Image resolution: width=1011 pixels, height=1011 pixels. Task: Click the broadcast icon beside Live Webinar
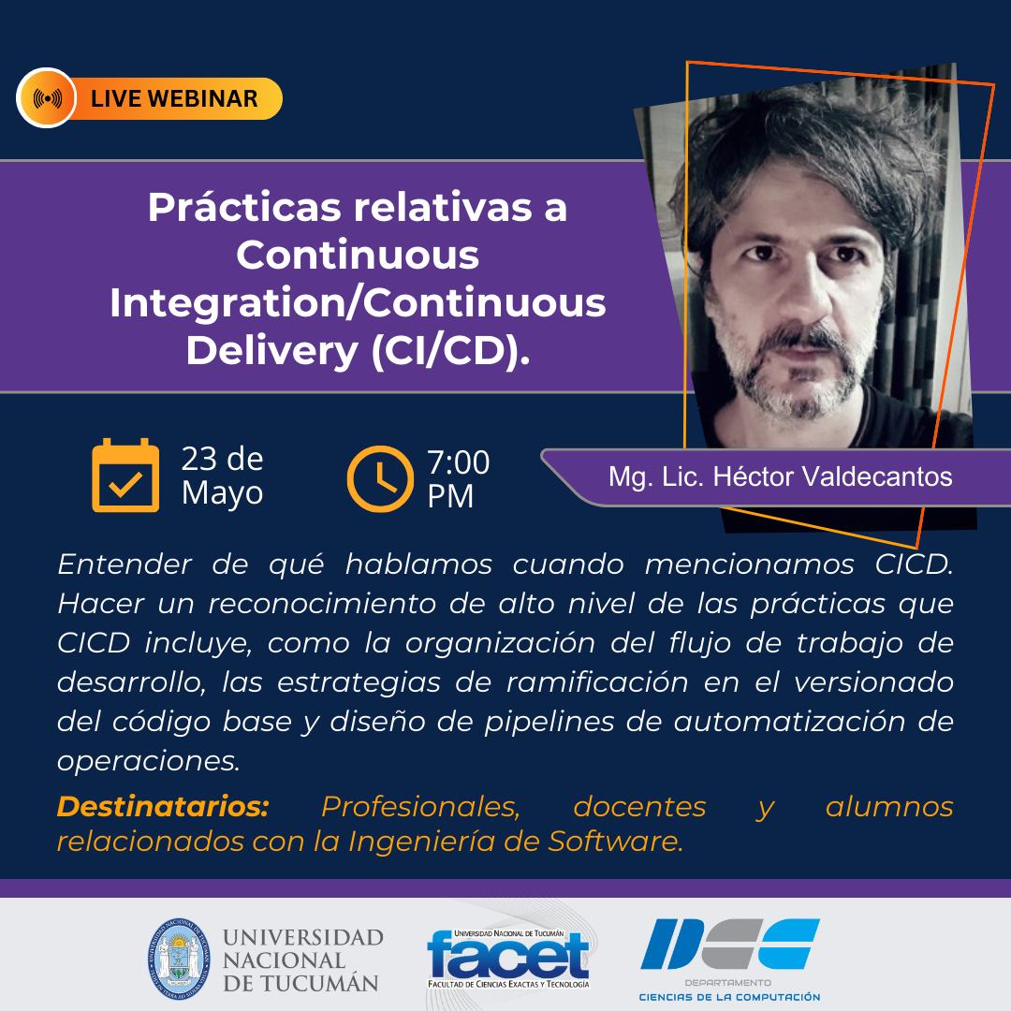[x=47, y=98]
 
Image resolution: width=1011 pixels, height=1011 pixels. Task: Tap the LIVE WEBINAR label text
[x=174, y=98]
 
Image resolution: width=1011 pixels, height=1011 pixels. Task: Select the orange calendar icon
[x=125, y=476]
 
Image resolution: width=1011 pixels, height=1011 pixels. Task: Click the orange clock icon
[x=380, y=478]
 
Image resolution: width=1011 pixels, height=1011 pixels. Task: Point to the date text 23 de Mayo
[x=223, y=476]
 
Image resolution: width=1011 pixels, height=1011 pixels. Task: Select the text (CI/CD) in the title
[x=450, y=351]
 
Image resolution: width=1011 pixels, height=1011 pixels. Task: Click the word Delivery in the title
[x=272, y=352]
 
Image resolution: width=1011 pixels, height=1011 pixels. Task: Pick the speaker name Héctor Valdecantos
[x=833, y=477]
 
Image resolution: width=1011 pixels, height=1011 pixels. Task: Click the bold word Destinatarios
[x=163, y=807]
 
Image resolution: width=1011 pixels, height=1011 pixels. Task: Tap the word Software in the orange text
[x=615, y=842]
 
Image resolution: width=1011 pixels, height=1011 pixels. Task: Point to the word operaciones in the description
[x=148, y=761]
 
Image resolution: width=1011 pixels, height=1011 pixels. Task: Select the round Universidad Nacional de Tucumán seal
[x=179, y=959]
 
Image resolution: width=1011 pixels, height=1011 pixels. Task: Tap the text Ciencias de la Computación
[x=729, y=997]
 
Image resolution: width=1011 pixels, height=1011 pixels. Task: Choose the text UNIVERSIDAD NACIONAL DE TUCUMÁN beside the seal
[x=302, y=960]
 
